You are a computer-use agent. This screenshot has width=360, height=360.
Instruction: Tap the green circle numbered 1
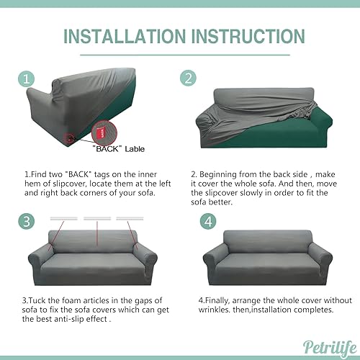pyautogui.click(x=27, y=78)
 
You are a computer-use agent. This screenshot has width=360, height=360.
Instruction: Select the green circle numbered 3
pyautogui.click(x=27, y=220)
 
